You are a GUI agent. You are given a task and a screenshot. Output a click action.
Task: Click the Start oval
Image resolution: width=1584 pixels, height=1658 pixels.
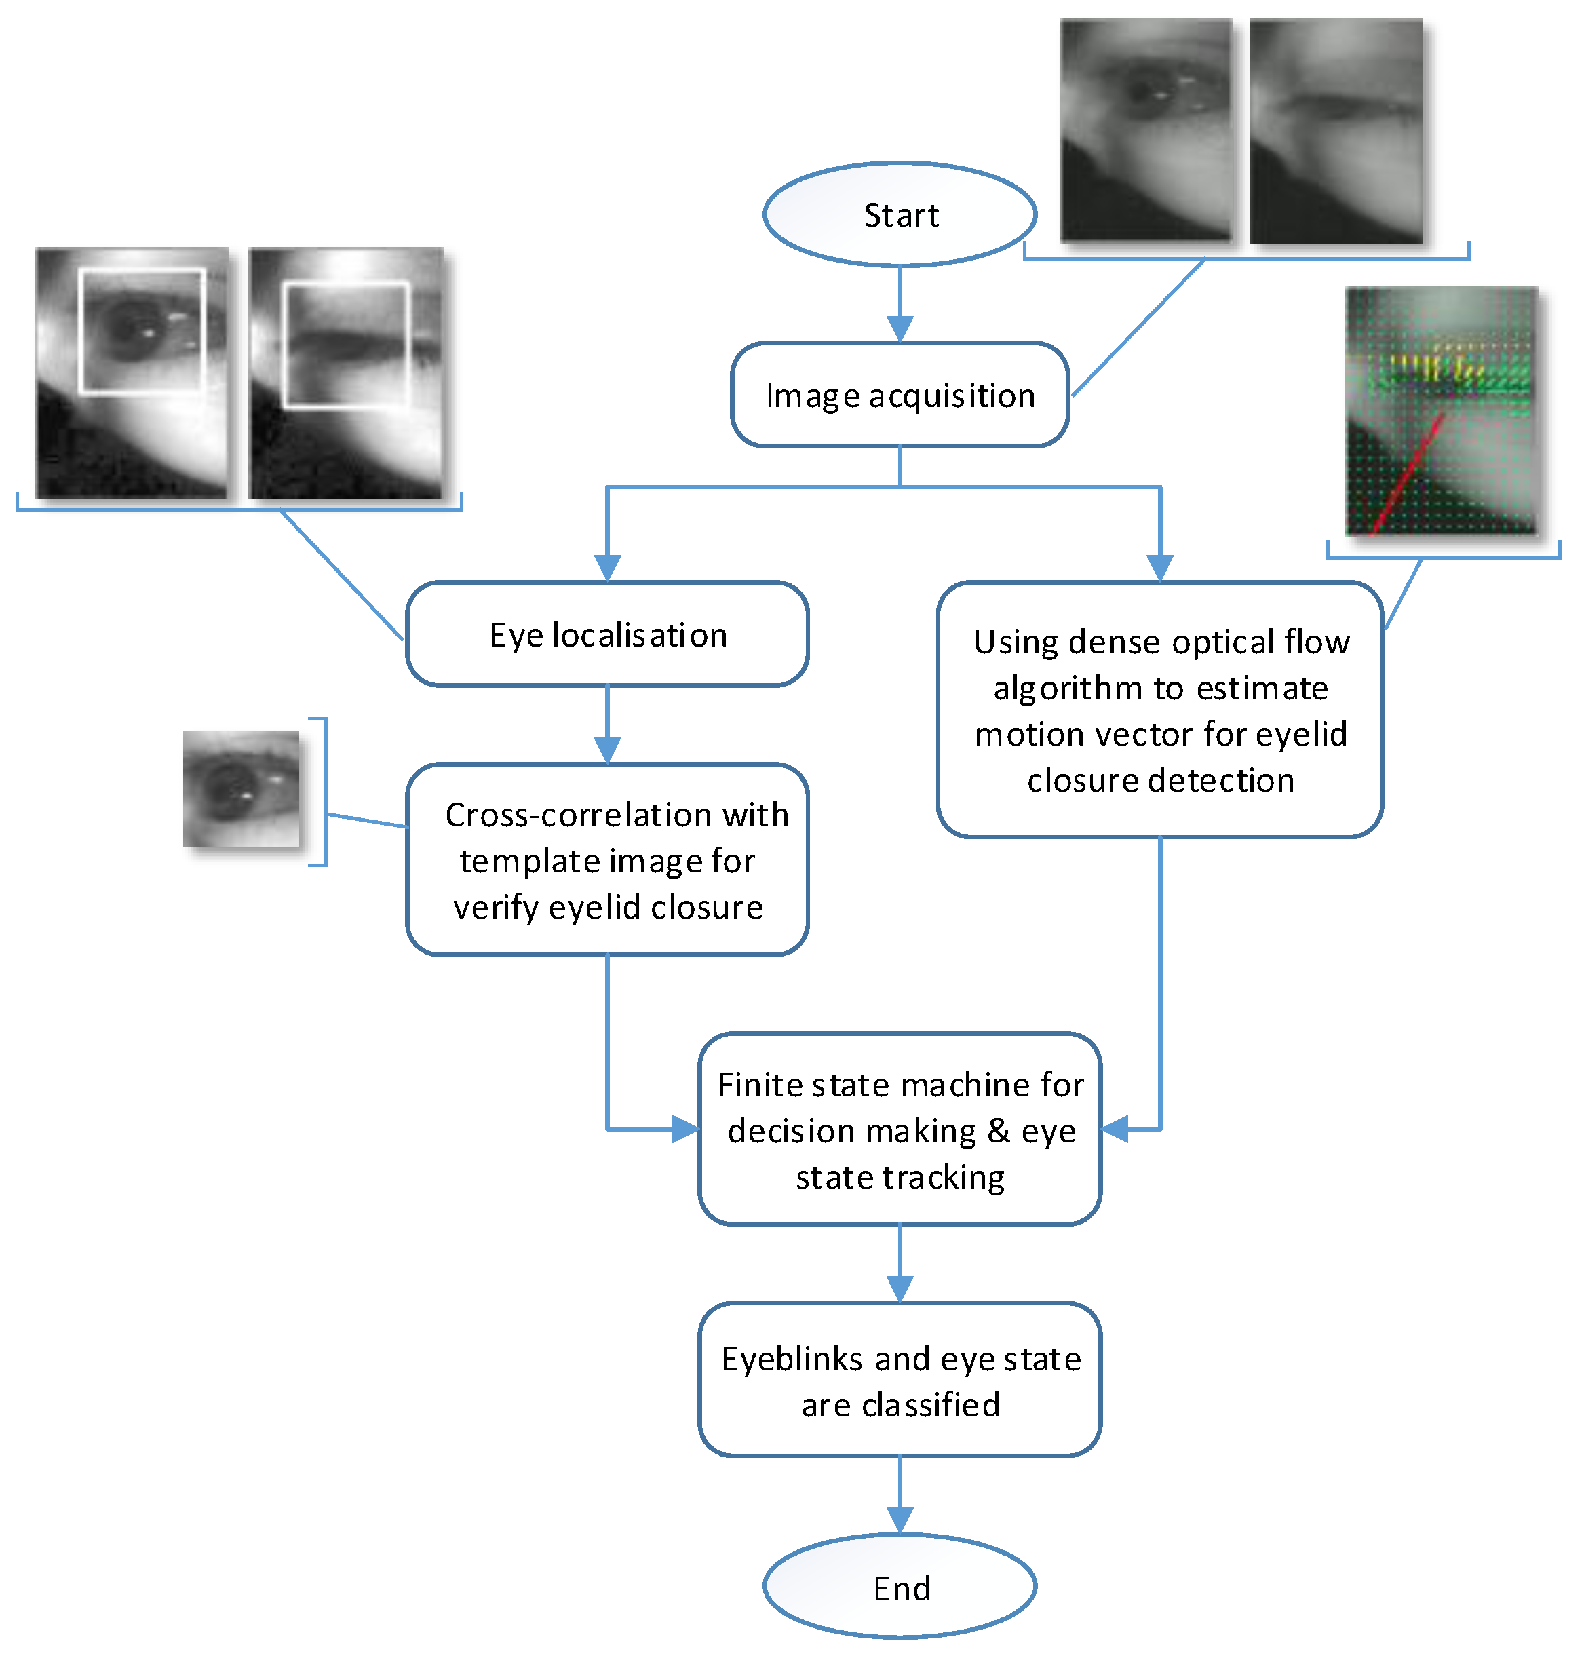point(900,214)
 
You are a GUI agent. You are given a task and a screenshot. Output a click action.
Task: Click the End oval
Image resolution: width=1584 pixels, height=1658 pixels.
point(900,1587)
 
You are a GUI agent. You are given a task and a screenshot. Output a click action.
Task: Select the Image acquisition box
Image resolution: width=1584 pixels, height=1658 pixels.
point(900,394)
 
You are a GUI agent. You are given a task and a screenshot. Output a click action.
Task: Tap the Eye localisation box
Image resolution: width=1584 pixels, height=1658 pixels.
point(607,634)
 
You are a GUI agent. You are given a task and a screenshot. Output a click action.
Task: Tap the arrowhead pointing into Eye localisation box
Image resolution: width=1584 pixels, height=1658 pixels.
point(607,568)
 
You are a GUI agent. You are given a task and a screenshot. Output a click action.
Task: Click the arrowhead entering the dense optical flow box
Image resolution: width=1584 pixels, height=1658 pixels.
point(1160,568)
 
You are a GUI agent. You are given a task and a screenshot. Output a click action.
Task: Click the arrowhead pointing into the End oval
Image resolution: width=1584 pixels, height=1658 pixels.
point(900,1520)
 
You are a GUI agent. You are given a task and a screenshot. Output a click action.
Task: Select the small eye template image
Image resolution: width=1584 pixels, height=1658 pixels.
point(241,788)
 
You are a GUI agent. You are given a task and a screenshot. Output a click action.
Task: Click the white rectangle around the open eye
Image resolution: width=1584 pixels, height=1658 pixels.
point(142,270)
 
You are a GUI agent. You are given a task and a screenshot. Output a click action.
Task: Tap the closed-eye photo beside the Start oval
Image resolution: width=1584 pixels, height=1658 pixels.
point(1336,131)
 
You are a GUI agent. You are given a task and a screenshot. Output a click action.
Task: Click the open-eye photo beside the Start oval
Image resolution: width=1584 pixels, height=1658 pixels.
point(1146,131)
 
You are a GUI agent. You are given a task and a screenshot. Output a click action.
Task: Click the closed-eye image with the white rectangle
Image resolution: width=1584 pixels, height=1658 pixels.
point(346,372)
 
